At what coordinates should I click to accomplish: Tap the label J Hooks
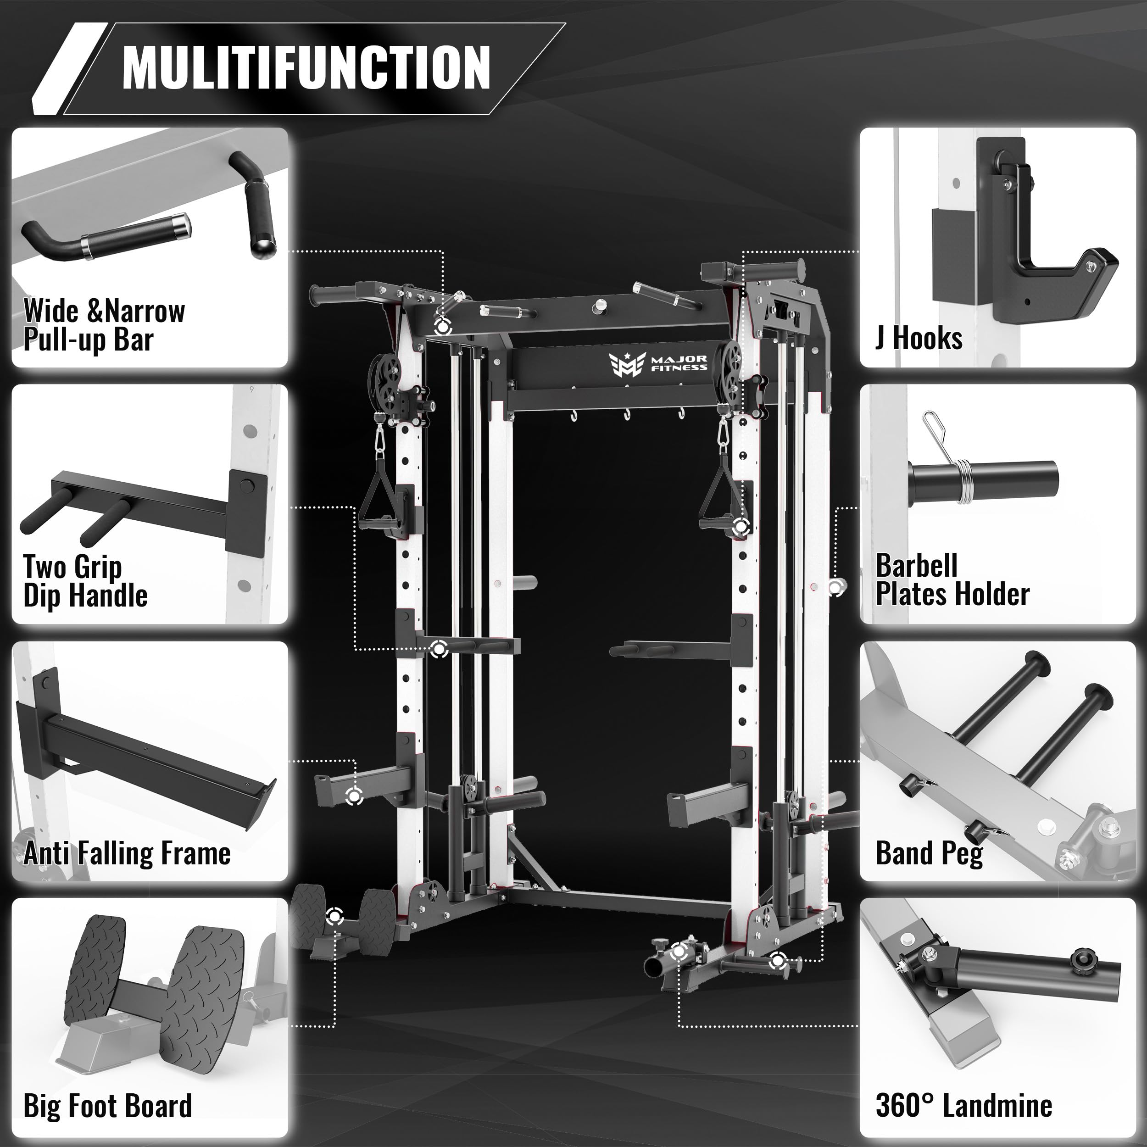[919, 339]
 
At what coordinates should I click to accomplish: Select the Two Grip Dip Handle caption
[85, 581]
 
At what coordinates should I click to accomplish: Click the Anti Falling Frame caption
[127, 853]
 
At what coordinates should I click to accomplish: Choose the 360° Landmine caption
[963, 1105]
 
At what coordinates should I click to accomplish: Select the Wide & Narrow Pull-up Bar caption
[103, 325]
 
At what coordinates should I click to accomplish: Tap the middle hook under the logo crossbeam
[626, 414]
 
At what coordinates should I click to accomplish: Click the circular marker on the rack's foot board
[335, 917]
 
